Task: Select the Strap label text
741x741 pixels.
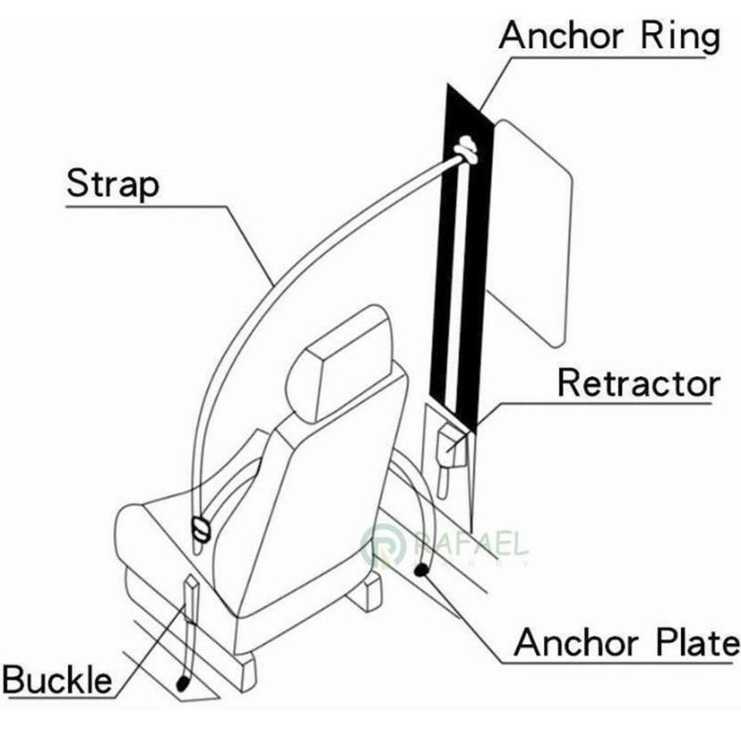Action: tap(112, 183)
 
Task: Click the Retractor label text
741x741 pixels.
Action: tap(638, 383)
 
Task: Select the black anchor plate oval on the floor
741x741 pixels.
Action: tap(422, 571)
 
